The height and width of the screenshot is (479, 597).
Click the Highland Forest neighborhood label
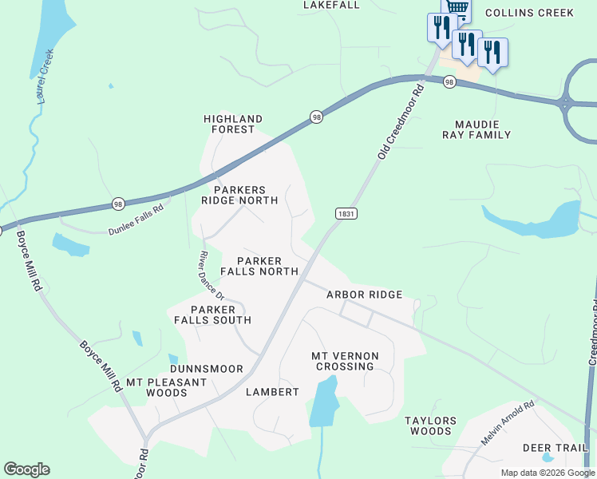coord(233,124)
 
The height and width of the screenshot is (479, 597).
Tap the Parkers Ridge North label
coord(239,195)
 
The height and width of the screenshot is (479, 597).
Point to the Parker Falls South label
coord(212,315)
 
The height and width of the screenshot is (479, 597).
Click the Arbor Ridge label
coord(364,295)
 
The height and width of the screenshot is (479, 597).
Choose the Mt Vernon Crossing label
coord(345,361)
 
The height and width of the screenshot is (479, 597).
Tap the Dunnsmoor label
coord(206,369)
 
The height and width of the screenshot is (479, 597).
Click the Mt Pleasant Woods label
coord(168,387)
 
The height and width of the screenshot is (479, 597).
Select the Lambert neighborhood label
coord(272,392)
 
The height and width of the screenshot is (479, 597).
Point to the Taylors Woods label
coord(430,426)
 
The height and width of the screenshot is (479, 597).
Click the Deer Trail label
coord(555,448)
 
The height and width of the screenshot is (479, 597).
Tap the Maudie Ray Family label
coord(476,129)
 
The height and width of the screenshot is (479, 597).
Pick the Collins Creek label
coord(529,13)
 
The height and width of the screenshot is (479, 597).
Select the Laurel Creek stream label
coord(45,77)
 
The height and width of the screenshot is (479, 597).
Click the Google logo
coord(26,469)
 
